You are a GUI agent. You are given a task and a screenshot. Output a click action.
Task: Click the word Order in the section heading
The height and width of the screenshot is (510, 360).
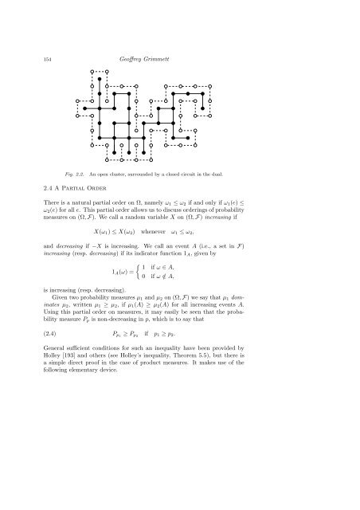tap(110, 189)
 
